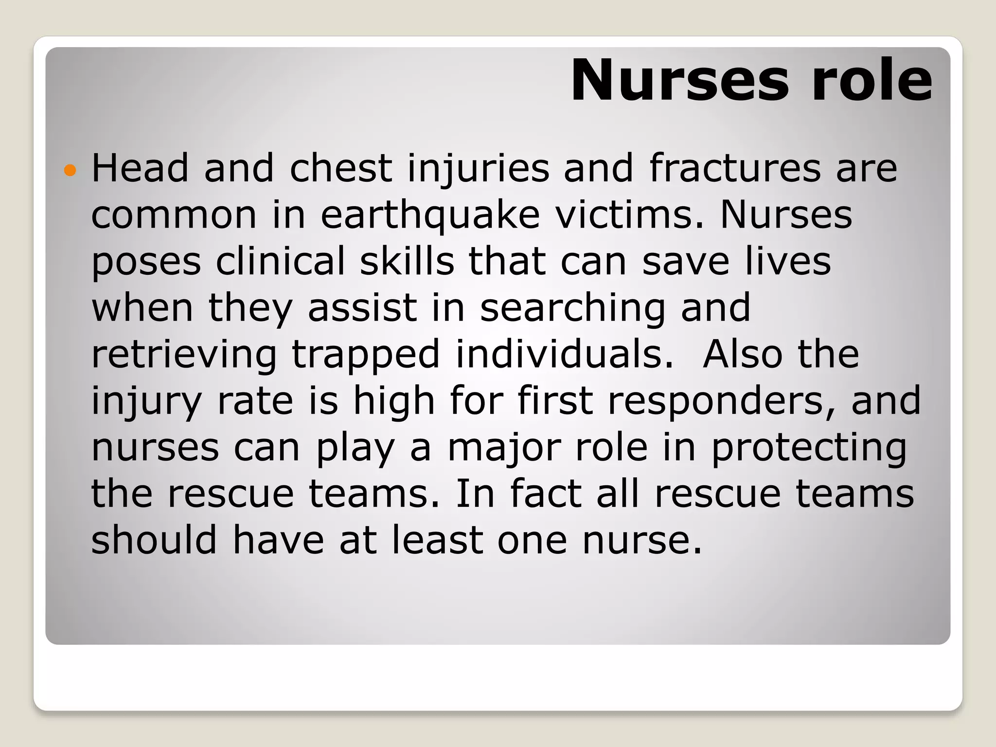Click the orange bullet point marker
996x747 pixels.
(x=70, y=170)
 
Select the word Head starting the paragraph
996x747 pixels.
(x=140, y=168)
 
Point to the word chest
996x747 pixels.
(x=340, y=168)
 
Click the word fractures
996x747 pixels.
(x=735, y=168)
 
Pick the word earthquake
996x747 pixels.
(x=430, y=215)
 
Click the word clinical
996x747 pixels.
(x=280, y=261)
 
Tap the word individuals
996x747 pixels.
(x=565, y=355)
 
